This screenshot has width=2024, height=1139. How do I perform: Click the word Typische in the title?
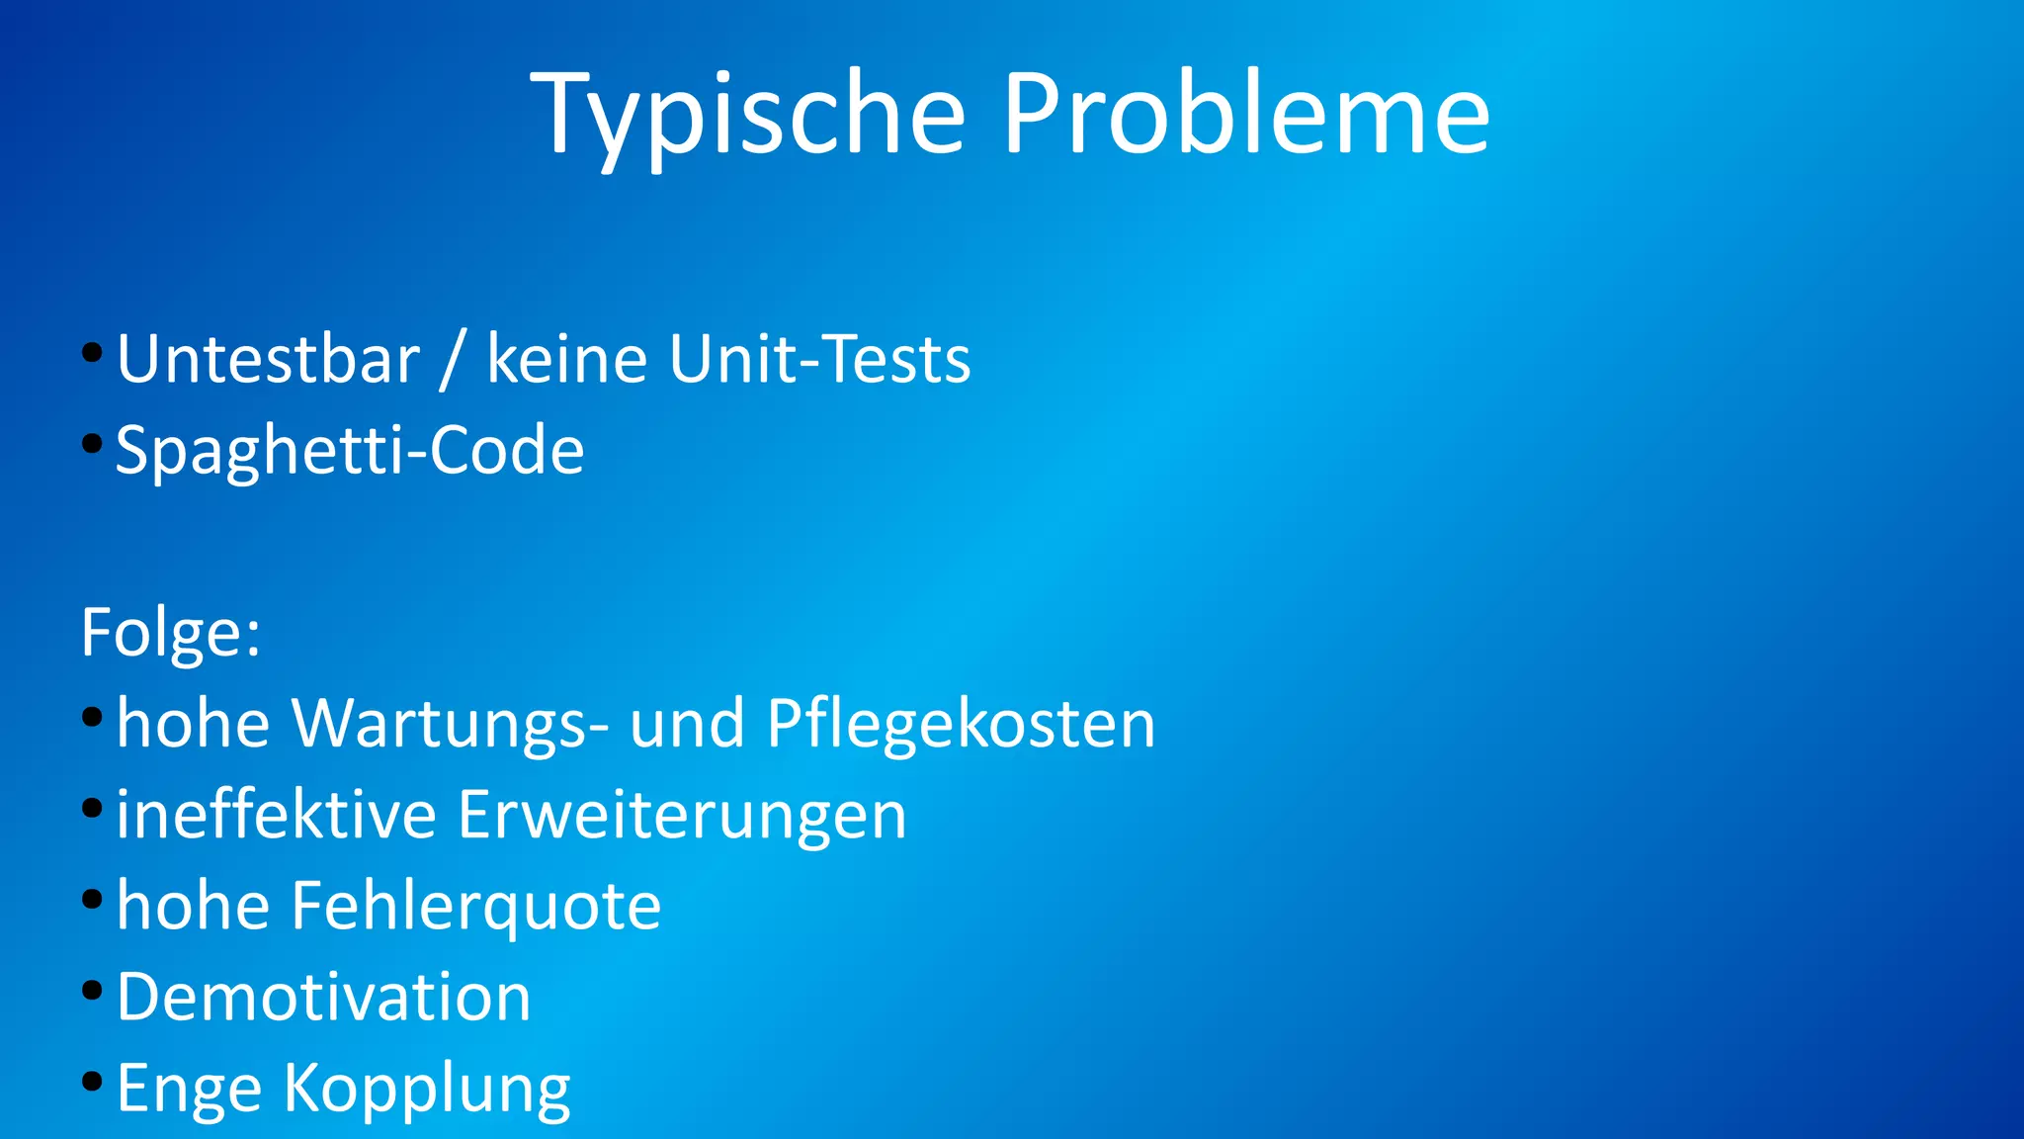pyautogui.click(x=747, y=114)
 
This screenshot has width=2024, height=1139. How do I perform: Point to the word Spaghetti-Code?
pyautogui.click(x=350, y=450)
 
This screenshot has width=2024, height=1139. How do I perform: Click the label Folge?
pyautogui.click(x=171, y=633)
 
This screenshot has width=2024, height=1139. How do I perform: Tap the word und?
pyautogui.click(x=687, y=724)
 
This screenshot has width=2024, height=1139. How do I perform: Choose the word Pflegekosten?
pyautogui.click(x=961, y=724)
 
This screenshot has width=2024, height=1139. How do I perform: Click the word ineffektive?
pyautogui.click(x=277, y=815)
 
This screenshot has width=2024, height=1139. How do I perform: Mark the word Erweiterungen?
pyautogui.click(x=682, y=817)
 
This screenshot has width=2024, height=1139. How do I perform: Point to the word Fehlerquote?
pyautogui.click(x=475, y=907)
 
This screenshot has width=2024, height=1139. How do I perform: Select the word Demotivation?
pyautogui.click(x=324, y=997)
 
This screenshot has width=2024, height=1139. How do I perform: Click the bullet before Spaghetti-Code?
pyautogui.click(x=92, y=444)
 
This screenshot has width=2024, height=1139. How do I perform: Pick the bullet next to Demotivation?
pyautogui.click(x=92, y=991)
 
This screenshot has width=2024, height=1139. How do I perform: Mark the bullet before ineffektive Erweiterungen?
pyautogui.click(x=92, y=809)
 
